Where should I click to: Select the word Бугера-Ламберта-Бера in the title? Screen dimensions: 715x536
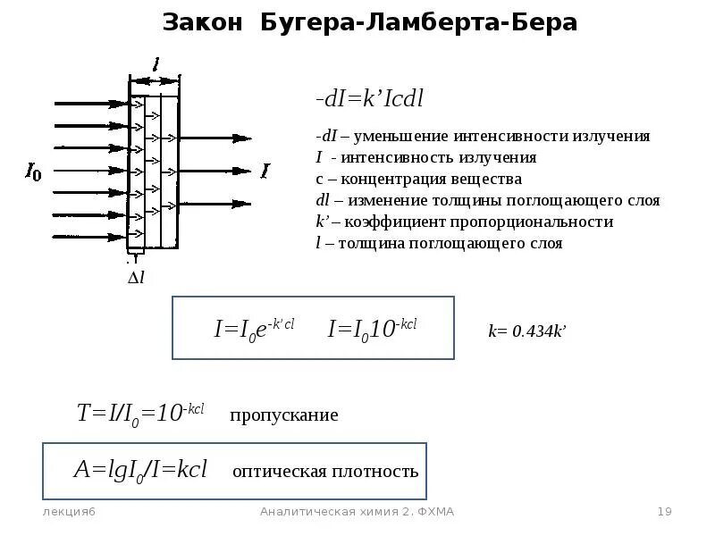tap(418, 23)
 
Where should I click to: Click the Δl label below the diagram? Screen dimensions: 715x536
tap(136, 278)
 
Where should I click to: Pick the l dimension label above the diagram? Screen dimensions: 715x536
tap(157, 64)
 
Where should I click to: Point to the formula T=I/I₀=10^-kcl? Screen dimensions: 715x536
tap(140, 413)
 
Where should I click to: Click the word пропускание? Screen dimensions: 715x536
tap(284, 415)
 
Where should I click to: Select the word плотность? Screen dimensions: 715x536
tap(380, 472)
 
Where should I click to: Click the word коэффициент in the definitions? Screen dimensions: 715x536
tap(396, 222)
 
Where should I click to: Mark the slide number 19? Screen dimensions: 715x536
tap(664, 512)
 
